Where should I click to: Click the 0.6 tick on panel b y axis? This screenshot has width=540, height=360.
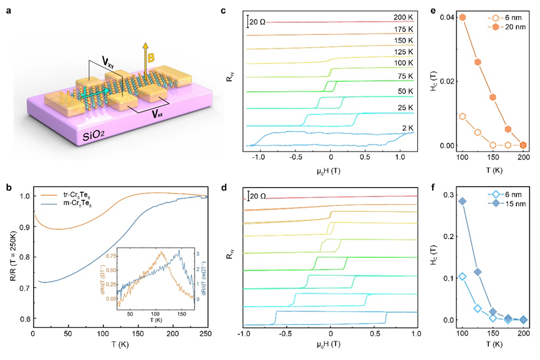[x=24, y=319]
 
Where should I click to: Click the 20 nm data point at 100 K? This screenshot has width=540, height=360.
[x=463, y=17]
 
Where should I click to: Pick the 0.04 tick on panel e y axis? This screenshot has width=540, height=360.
[x=446, y=17]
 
